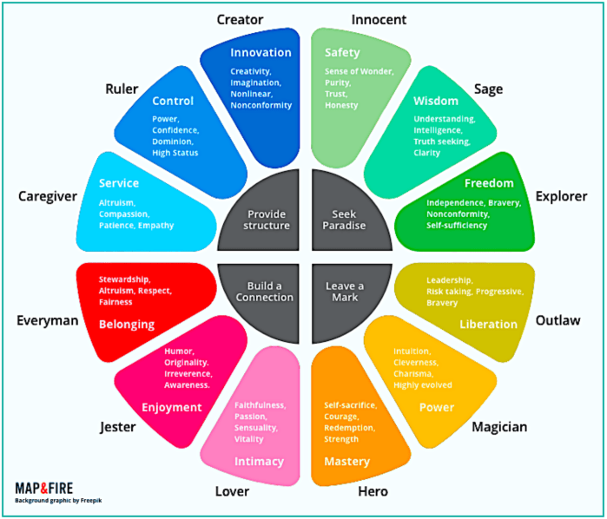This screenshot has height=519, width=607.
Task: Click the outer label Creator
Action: [240, 19]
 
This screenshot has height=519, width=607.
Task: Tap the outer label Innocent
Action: [379, 19]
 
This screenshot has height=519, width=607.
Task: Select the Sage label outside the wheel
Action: [489, 89]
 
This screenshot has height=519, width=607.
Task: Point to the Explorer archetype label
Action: [561, 196]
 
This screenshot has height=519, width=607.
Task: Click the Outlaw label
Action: [558, 320]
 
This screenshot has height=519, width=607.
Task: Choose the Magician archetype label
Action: [500, 426]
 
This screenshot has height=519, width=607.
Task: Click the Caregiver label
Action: [48, 196]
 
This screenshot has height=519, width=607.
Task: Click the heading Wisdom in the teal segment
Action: [436, 101]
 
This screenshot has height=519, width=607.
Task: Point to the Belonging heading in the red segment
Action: [127, 324]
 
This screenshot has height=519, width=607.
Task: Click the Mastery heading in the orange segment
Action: [347, 461]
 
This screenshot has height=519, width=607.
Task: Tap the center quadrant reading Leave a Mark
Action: [346, 291]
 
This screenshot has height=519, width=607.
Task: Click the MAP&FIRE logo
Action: [49, 488]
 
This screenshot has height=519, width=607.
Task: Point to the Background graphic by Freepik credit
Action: [58, 501]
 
